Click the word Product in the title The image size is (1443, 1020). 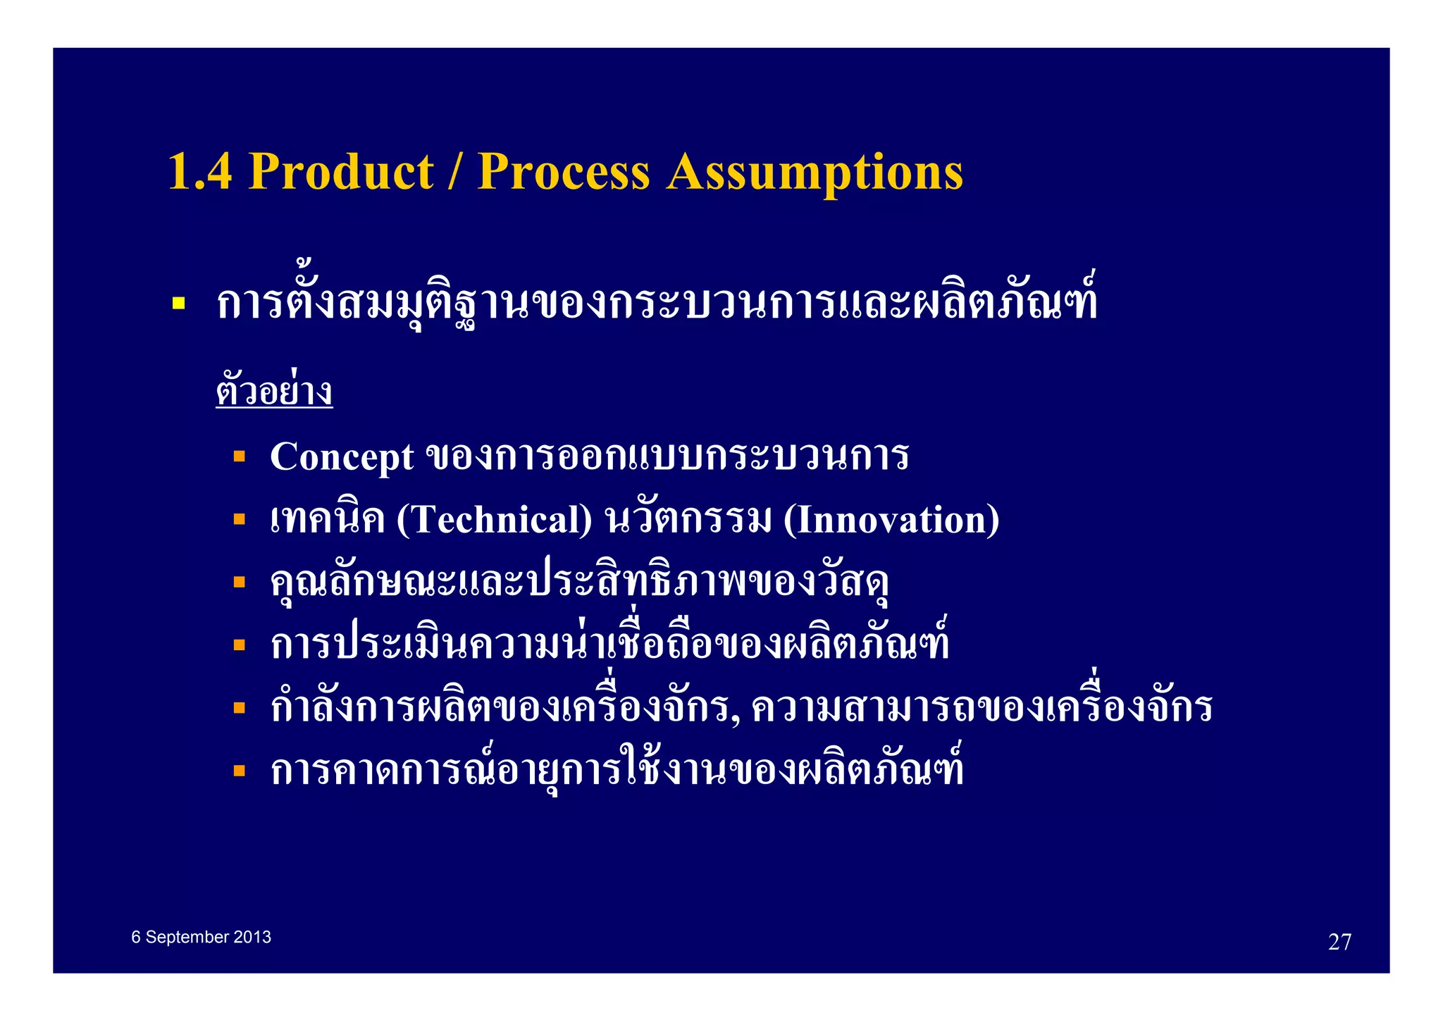click(x=342, y=172)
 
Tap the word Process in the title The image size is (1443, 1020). click(x=563, y=172)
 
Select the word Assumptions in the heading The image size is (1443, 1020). click(x=815, y=172)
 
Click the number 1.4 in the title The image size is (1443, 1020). click(x=200, y=172)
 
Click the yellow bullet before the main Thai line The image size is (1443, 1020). click(x=179, y=304)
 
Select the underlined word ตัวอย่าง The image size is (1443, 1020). click(x=274, y=391)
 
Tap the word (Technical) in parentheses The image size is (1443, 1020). click(x=495, y=520)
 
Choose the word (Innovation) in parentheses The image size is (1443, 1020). click(x=891, y=520)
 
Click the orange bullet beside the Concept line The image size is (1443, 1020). click(x=240, y=456)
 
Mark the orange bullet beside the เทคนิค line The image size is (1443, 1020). click(x=240, y=519)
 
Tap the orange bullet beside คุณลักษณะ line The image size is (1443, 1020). click(x=240, y=582)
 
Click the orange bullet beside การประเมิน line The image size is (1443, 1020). click(x=240, y=645)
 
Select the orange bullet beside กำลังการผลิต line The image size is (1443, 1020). click(x=240, y=707)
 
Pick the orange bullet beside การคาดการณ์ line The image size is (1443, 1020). click(x=240, y=770)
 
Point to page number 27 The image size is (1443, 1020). click(x=1339, y=942)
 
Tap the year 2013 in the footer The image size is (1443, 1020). click(x=252, y=938)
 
